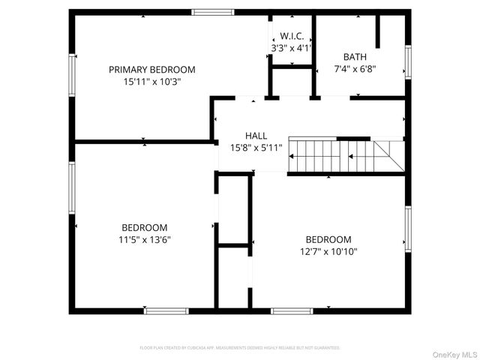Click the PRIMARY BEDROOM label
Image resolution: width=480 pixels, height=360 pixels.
(x=151, y=69)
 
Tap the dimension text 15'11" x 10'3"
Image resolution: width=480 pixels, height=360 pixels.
(x=151, y=81)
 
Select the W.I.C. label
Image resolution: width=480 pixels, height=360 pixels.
(x=291, y=36)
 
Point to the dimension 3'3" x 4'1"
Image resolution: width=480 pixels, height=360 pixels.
(x=291, y=47)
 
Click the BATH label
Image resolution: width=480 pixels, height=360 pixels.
(x=355, y=57)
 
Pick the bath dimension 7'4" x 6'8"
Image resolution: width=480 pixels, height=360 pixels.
(x=355, y=68)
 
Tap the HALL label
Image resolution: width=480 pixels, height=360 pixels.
(x=256, y=136)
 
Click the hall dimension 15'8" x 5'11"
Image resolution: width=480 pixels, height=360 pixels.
(x=256, y=148)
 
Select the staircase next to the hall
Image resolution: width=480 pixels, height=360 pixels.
(x=345, y=155)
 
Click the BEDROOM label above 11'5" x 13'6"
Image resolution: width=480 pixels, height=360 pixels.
(x=145, y=227)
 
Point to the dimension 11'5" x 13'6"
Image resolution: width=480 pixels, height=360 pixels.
(x=145, y=240)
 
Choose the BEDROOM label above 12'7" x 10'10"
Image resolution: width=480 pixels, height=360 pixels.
(x=328, y=240)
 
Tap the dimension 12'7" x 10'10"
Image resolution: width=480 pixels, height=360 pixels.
(x=328, y=252)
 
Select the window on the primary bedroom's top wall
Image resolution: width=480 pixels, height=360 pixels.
(x=212, y=12)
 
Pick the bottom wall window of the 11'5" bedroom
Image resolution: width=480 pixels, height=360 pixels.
(x=166, y=310)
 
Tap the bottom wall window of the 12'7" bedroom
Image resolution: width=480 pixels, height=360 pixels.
(x=291, y=310)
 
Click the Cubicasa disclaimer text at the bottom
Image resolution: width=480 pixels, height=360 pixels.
(x=240, y=348)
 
